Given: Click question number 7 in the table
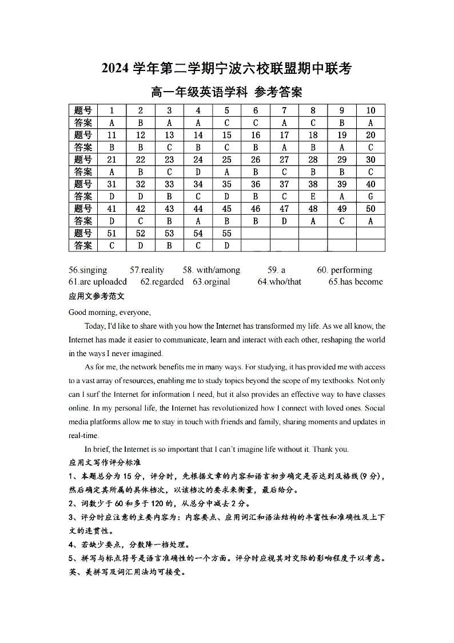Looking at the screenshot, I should pos(284,111).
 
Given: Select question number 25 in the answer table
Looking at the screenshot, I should pos(227,160).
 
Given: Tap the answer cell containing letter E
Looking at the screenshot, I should pos(313,196).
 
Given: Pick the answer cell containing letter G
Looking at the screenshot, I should pos(371,196).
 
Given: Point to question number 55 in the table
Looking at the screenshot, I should pos(227,233).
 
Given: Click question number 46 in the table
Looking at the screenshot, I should pos(256,209).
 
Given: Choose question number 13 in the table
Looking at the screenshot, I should pos(169,135).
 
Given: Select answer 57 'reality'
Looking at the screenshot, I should pos(147,270).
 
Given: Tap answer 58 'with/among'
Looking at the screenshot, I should pos(212,270).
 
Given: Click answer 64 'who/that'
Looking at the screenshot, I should pos(280,282).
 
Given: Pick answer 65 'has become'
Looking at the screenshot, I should pos(355,282).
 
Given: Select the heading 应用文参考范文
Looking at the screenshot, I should pos(97,297).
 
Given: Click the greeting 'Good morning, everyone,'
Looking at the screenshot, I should pos(110,312).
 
